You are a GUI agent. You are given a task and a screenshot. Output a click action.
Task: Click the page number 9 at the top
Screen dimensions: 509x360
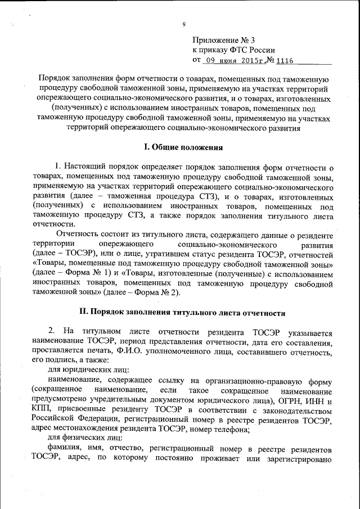183,24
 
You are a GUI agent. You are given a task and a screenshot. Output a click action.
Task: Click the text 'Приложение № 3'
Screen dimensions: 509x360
223,40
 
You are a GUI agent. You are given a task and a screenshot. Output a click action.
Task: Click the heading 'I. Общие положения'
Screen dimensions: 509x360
183,147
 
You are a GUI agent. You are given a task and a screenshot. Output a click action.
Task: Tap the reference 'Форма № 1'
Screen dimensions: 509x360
79,273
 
